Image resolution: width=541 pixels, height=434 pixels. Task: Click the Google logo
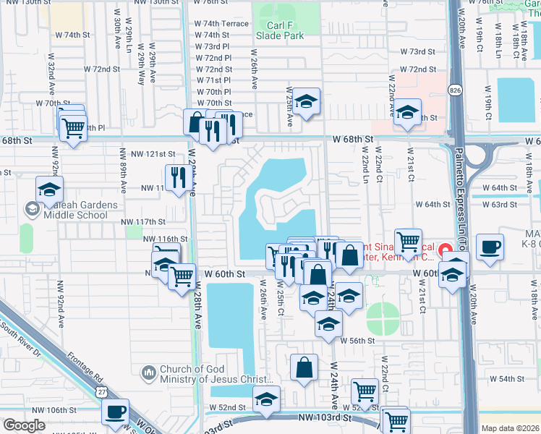pyautogui.click(x=24, y=425)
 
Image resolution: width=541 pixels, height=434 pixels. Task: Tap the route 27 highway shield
pyautogui.click(x=103, y=391)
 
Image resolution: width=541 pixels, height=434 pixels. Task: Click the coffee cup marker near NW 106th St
pyautogui.click(x=115, y=412)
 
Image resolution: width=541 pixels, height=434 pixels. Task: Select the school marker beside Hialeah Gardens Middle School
pyautogui.click(x=49, y=190)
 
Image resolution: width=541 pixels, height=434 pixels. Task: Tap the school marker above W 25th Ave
pyautogui.click(x=306, y=101)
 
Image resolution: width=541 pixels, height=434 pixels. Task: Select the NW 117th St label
pyautogui.click(x=143, y=221)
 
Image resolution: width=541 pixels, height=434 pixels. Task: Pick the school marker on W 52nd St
pyautogui.click(x=266, y=399)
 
